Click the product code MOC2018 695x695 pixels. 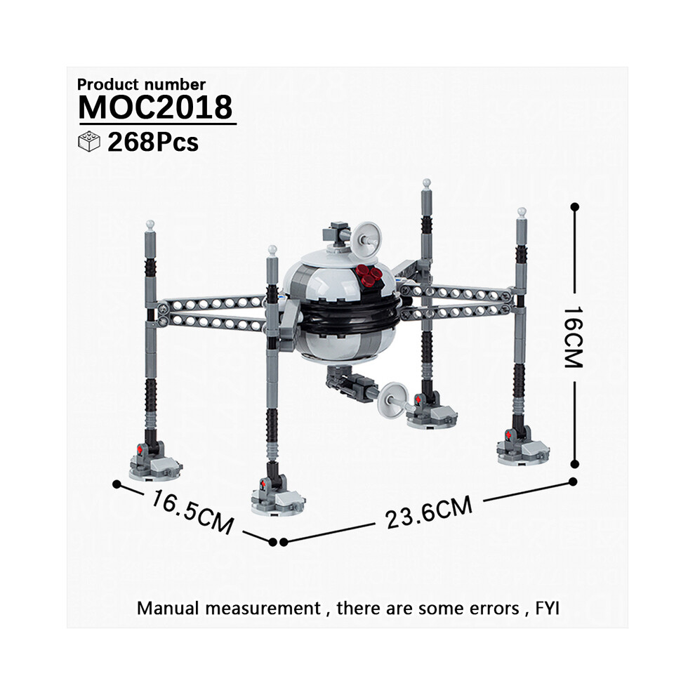(155, 107)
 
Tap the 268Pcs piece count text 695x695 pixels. (153, 143)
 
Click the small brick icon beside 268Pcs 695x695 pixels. (89, 141)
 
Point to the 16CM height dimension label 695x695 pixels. (573, 337)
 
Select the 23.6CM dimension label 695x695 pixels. (429, 512)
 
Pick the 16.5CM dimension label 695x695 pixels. (192, 512)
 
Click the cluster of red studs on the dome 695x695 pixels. (370, 275)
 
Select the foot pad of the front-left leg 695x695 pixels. (155, 465)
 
